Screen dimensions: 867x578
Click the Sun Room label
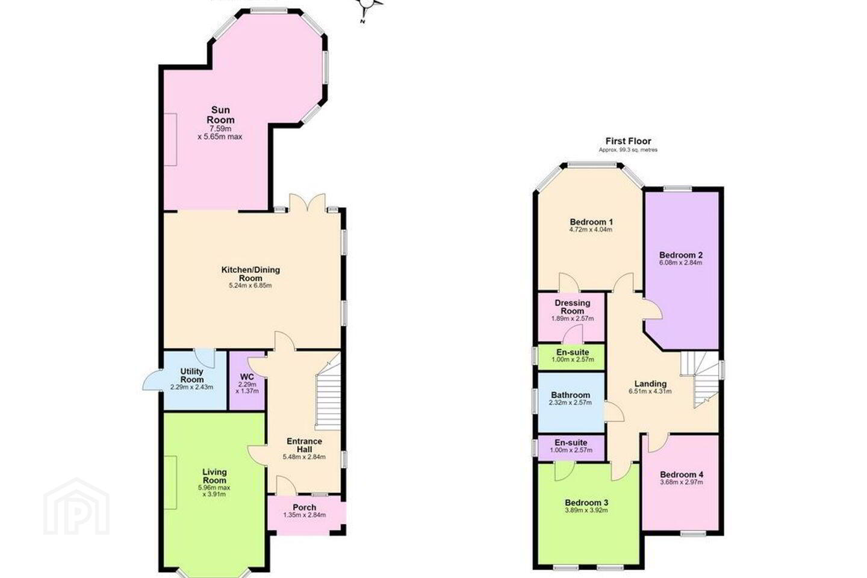pyautogui.click(x=220, y=115)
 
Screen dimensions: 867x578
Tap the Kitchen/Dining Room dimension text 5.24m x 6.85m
pyautogui.click(x=250, y=286)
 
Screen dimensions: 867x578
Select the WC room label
pyautogui.click(x=247, y=377)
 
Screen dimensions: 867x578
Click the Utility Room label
pyautogui.click(x=192, y=376)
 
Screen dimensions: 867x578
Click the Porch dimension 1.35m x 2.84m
pyautogui.click(x=305, y=515)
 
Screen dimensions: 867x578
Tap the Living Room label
pyautogui.click(x=214, y=476)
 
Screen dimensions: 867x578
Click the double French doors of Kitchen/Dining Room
pyautogui.click(x=307, y=202)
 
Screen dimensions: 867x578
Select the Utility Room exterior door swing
pyautogui.click(x=152, y=380)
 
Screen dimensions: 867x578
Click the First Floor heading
pyautogui.click(x=628, y=141)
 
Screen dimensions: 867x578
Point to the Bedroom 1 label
pyautogui.click(x=591, y=222)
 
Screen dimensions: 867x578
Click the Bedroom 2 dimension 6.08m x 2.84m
pyautogui.click(x=681, y=263)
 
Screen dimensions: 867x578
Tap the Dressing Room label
pyautogui.click(x=573, y=307)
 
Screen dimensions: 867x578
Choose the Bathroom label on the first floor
pyautogui.click(x=571, y=396)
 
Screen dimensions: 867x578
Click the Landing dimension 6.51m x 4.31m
pyautogui.click(x=650, y=391)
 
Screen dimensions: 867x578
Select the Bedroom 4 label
pyautogui.click(x=682, y=474)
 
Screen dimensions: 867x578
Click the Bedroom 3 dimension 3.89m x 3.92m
pyautogui.click(x=586, y=510)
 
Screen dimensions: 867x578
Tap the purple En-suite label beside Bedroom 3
pyautogui.click(x=571, y=443)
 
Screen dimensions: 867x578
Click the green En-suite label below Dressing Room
pyautogui.click(x=573, y=352)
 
